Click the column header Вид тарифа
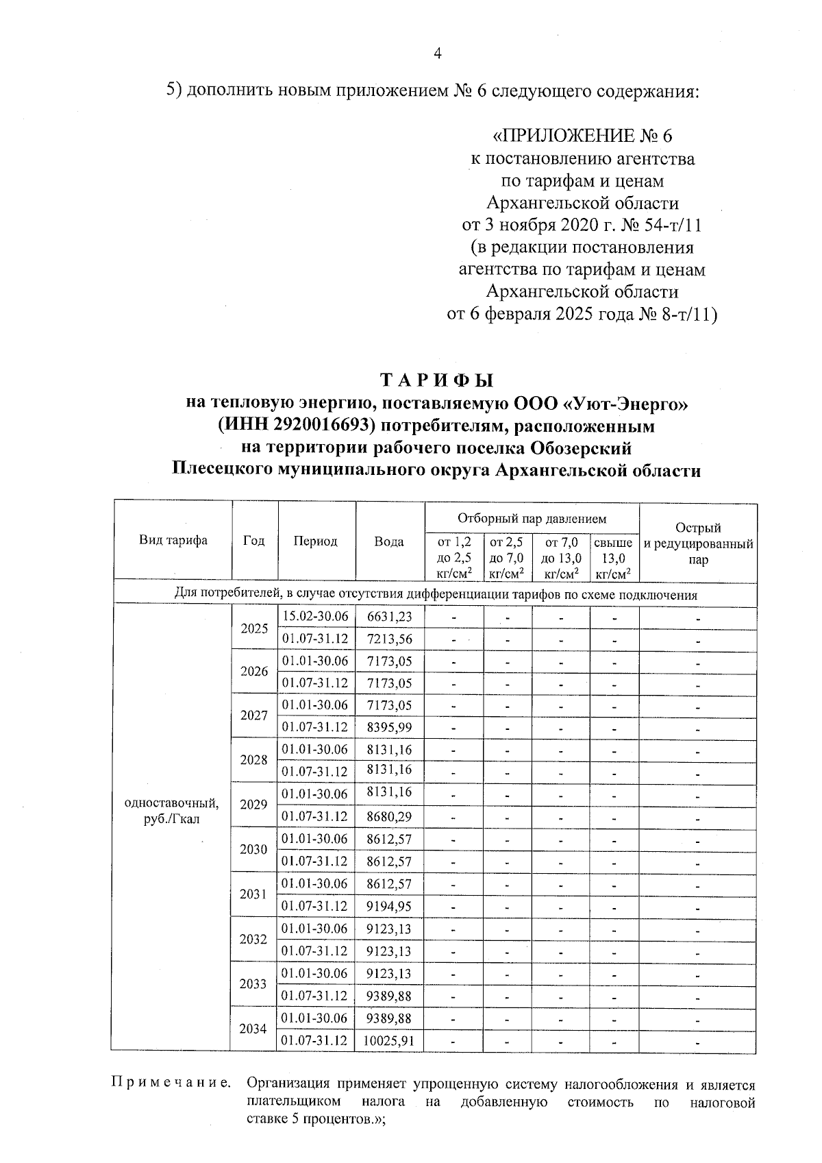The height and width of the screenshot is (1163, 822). pos(173,541)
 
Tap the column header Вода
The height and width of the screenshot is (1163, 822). pos(389,541)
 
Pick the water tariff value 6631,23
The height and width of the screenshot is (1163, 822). pos(389,616)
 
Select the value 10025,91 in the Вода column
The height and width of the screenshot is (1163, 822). pos(389,1040)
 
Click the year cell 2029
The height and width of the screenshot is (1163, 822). pos(253,804)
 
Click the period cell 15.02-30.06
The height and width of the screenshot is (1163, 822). pos(315,616)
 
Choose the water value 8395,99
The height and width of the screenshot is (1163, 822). pos(389,726)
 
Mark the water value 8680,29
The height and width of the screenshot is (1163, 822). pos(389,816)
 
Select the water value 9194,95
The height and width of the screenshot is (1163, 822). pos(389,906)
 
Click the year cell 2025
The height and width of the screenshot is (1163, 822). pos(253,627)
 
